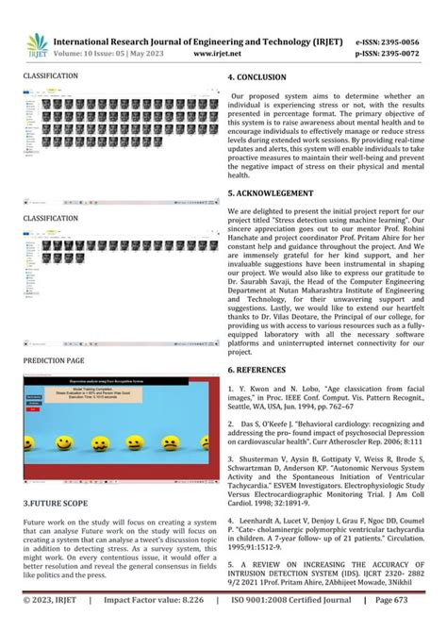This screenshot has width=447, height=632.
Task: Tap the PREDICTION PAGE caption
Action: pyautogui.click(x=54, y=360)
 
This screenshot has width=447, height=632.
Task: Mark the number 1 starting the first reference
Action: pyautogui.click(x=231, y=389)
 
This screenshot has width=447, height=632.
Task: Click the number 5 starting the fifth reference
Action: pyautogui.click(x=231, y=586)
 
